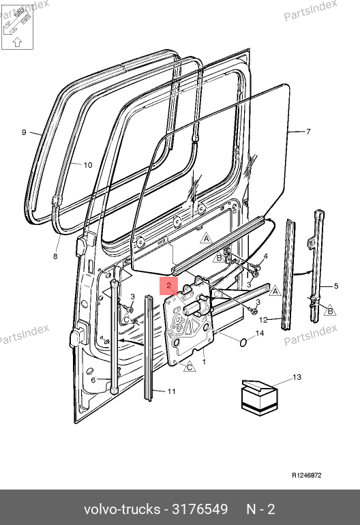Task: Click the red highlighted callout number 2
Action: [169, 286]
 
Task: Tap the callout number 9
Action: [24, 132]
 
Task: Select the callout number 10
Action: [88, 165]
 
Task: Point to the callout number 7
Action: [308, 132]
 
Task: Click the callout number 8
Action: [55, 256]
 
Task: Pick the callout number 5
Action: [336, 286]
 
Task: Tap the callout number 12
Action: [264, 320]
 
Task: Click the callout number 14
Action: [260, 333]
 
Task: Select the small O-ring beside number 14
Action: [243, 342]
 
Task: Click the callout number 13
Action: [297, 377]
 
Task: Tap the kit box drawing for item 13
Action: [260, 397]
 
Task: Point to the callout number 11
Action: [171, 391]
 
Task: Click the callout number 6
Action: [93, 380]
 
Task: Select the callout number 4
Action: [265, 256]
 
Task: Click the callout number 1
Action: [204, 362]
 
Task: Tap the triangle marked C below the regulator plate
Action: [190, 367]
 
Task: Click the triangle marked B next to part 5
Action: [330, 311]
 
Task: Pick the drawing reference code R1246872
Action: [307, 475]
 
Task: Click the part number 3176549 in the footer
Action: [200, 509]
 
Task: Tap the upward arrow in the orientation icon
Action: [18, 42]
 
